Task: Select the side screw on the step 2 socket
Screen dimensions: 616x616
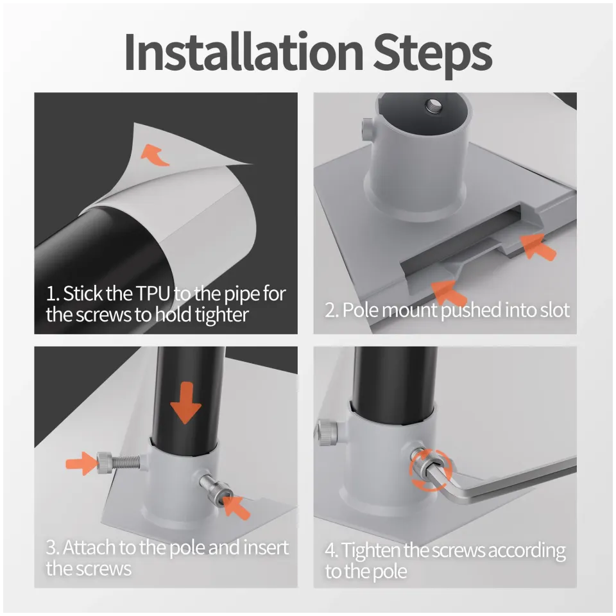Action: [367, 131]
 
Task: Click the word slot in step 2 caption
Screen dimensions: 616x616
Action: [552, 310]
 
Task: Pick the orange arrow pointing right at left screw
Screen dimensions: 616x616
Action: [81, 461]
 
